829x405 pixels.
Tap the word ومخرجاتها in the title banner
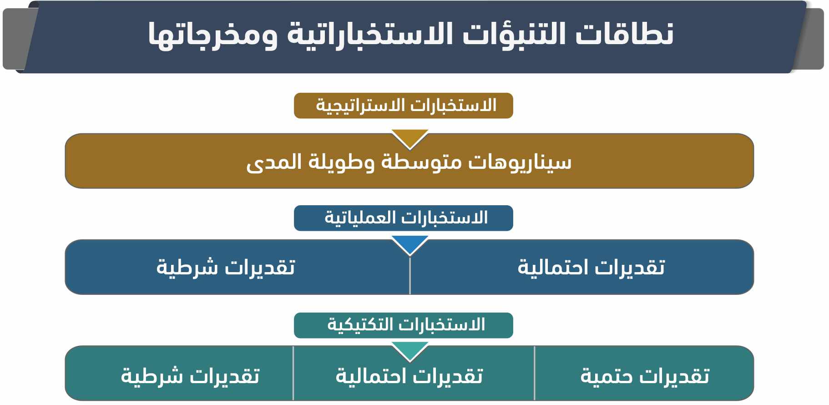(x=212, y=35)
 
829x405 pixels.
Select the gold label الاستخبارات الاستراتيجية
(x=404, y=106)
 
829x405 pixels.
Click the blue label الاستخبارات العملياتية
(x=404, y=218)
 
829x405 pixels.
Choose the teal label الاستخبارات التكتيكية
(x=404, y=325)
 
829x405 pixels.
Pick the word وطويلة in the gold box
(x=342, y=162)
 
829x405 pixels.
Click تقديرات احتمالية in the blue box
(x=591, y=267)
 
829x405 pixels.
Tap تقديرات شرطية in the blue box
(x=226, y=267)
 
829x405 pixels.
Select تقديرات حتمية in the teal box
(x=645, y=376)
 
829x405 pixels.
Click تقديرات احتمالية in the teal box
(x=409, y=376)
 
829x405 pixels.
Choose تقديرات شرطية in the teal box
(x=190, y=376)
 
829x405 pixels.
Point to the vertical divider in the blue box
(x=410, y=275)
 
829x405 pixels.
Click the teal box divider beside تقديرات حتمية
(x=535, y=373)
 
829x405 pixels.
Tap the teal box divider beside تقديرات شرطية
(x=293, y=373)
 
